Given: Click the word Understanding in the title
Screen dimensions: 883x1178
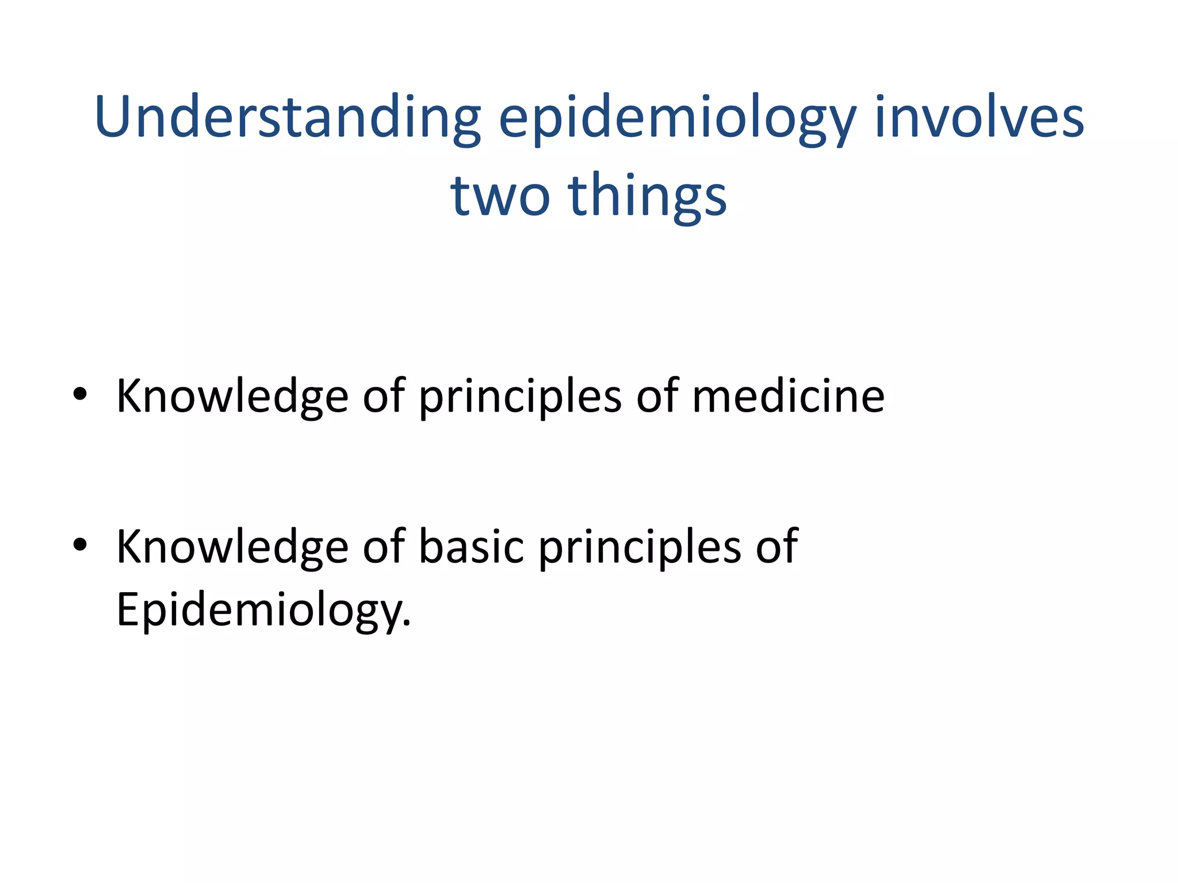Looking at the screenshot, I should [x=288, y=118].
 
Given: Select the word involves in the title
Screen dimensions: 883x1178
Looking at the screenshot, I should [x=979, y=118].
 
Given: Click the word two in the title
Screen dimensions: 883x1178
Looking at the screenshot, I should [x=500, y=196].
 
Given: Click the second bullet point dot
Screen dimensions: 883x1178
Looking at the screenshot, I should [x=80, y=544].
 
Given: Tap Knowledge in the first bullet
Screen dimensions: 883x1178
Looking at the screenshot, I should [x=232, y=396].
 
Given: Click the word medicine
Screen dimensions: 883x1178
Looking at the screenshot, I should [x=788, y=396].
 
